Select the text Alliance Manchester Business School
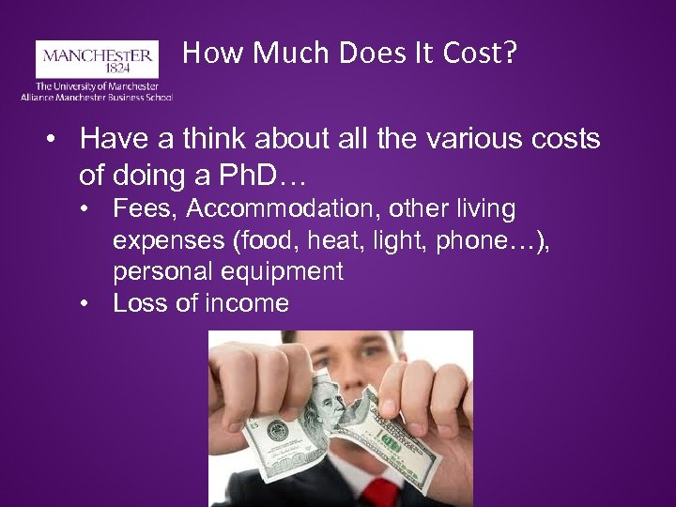click(x=97, y=96)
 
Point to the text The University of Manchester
click(x=97, y=85)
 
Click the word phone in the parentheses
click(x=475, y=240)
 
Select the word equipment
click(x=281, y=271)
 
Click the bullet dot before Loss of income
click(x=86, y=303)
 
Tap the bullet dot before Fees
click(x=86, y=208)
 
